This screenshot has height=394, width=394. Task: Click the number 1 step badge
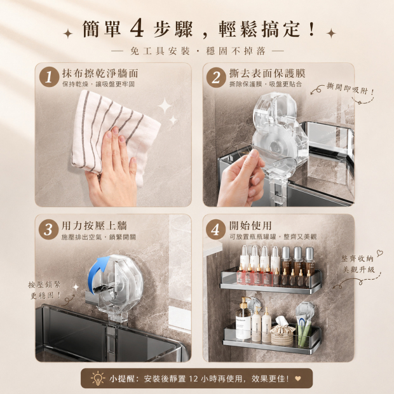pyautogui.click(x=49, y=77)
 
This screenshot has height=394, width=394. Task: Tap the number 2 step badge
pyautogui.click(x=216, y=77)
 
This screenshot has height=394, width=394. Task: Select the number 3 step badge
pyautogui.click(x=48, y=229)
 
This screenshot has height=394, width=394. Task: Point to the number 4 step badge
pyautogui.click(x=215, y=229)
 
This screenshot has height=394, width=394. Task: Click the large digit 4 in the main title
pyautogui.click(x=137, y=29)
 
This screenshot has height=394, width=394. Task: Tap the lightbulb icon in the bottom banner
pyautogui.click(x=98, y=378)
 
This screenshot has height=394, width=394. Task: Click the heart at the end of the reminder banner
pyautogui.click(x=298, y=378)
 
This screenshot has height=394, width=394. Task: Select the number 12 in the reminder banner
pyautogui.click(x=193, y=378)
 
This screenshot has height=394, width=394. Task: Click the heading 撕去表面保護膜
pyautogui.click(x=267, y=73)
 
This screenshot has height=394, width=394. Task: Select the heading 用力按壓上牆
pyautogui.click(x=95, y=226)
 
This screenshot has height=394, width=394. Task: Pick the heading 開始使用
pyautogui.click(x=250, y=226)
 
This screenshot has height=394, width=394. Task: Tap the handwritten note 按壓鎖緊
pyautogui.click(x=44, y=285)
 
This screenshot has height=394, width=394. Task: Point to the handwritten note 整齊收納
pyautogui.click(x=357, y=258)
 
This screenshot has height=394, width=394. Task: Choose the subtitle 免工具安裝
pyautogui.click(x=160, y=51)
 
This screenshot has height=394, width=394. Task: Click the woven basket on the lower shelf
pyautogui.click(x=282, y=332)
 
